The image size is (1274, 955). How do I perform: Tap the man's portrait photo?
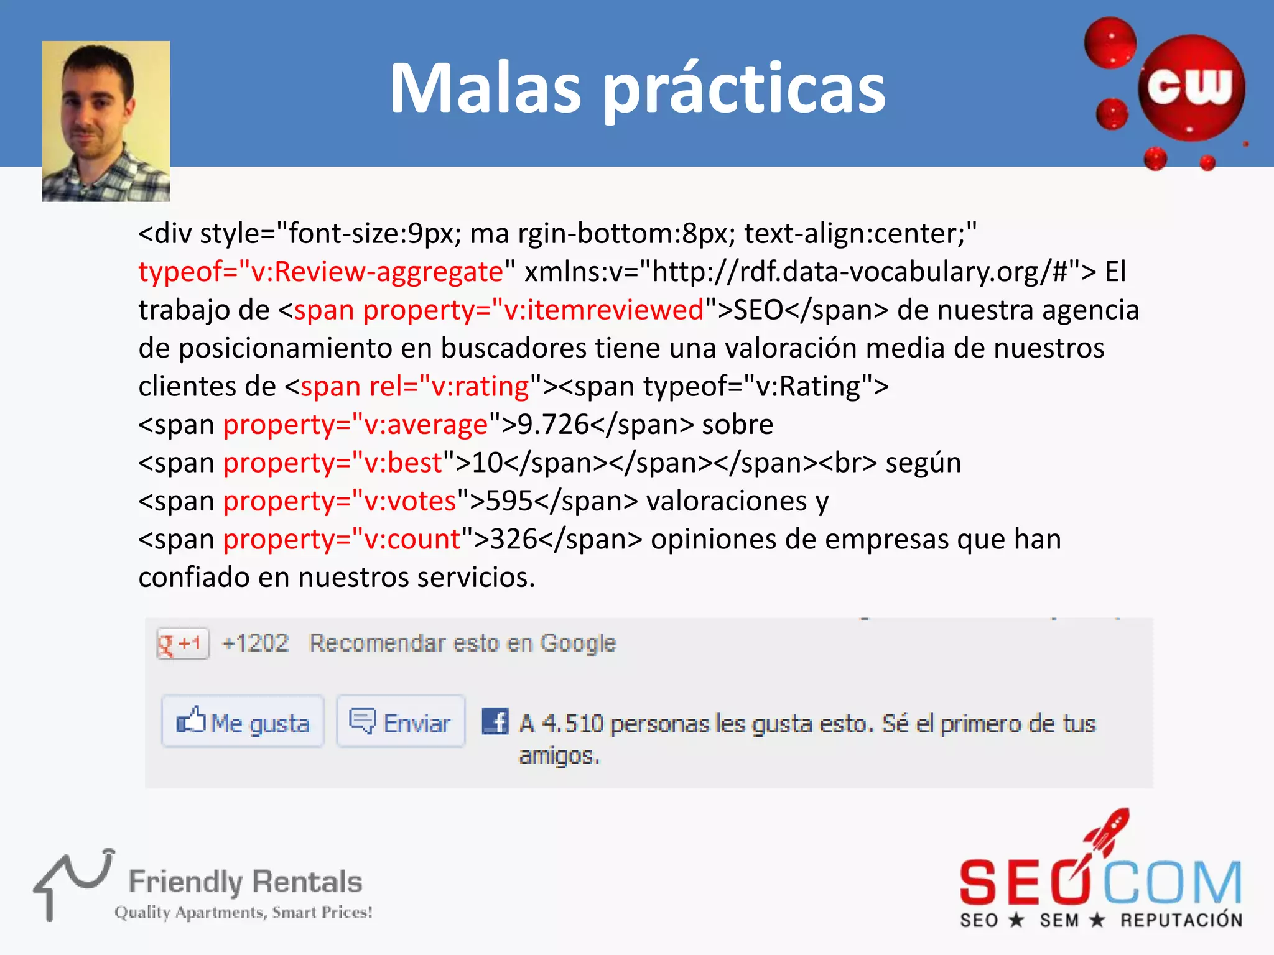click(106, 121)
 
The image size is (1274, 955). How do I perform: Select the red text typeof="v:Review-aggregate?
click(320, 272)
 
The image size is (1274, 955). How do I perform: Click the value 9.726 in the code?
click(553, 425)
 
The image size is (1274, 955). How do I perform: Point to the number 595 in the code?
click(509, 501)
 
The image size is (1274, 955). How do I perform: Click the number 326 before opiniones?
click(514, 539)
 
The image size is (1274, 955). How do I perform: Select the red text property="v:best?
click(332, 463)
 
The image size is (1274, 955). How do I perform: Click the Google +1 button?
click(182, 644)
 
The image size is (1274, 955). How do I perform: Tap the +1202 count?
click(255, 643)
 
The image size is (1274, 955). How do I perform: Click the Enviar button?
click(401, 722)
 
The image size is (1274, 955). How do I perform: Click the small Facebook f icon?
click(495, 721)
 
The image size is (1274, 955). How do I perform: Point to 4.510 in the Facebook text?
click(572, 724)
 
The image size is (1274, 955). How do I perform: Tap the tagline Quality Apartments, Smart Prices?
click(243, 912)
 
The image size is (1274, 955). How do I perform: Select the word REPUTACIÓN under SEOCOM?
click(1181, 920)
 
